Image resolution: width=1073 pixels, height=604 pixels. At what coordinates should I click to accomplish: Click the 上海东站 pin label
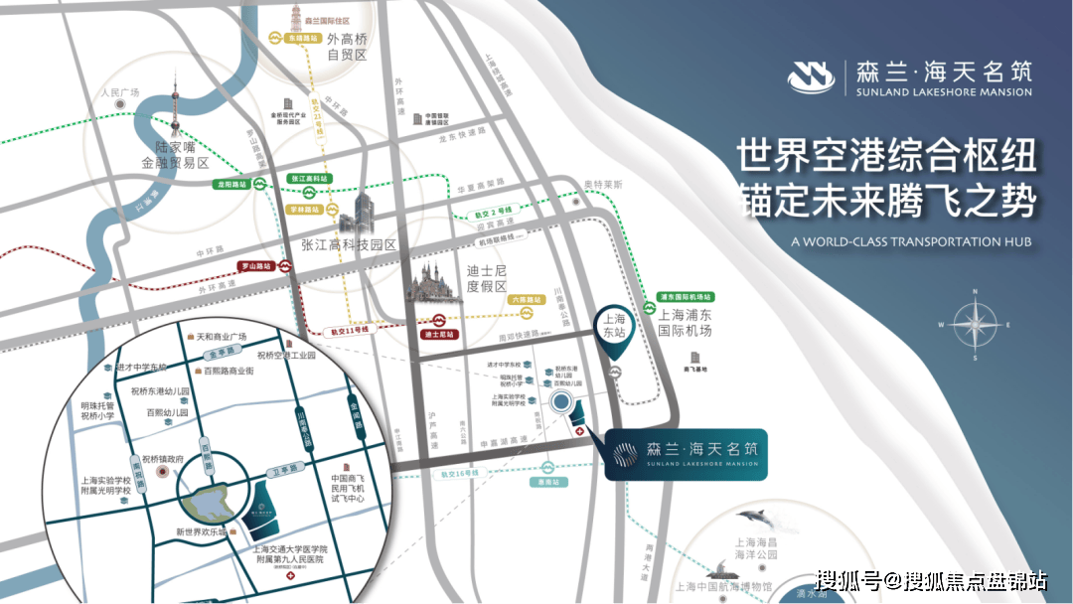[x=615, y=326]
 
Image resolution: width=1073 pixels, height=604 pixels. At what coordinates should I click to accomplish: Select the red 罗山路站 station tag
[x=257, y=266]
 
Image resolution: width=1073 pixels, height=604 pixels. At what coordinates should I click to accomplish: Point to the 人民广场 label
[x=119, y=92]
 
